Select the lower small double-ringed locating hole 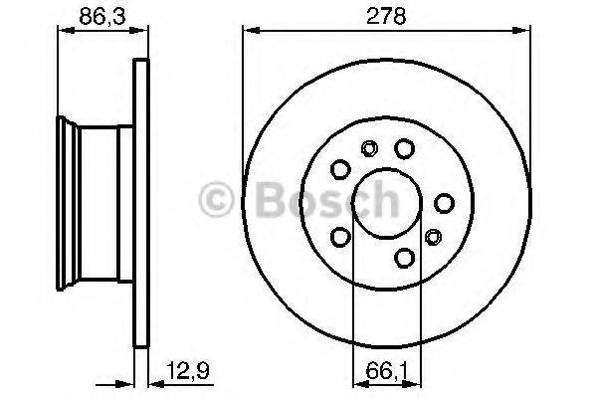(x=434, y=237)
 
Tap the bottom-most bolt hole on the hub (x=404, y=258)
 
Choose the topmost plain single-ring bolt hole (x=404, y=148)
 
